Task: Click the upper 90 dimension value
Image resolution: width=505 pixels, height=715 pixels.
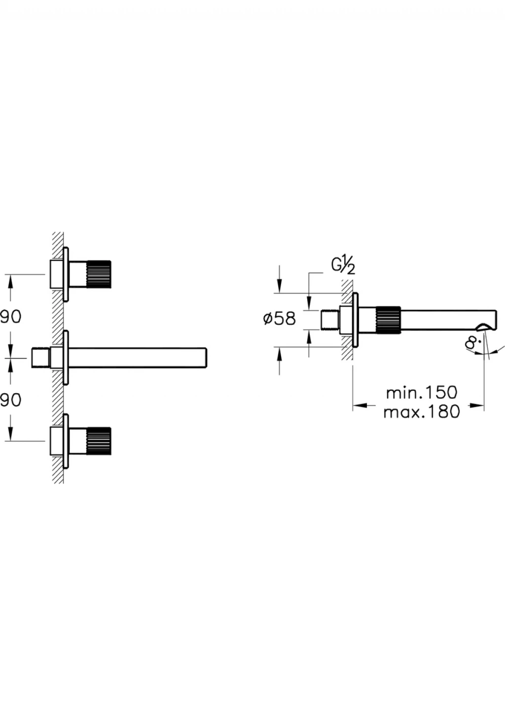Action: click(x=10, y=317)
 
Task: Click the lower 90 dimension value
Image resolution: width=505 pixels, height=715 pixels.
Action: click(x=10, y=400)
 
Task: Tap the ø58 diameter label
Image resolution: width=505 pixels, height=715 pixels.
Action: click(x=280, y=319)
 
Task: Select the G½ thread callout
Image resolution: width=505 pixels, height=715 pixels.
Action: click(x=343, y=267)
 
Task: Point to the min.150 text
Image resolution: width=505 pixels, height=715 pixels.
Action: click(x=422, y=393)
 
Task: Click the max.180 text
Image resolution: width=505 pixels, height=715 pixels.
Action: click(x=422, y=412)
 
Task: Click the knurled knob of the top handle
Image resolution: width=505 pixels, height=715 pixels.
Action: click(x=99, y=274)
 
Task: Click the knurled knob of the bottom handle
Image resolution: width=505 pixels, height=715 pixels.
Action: click(x=99, y=441)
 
